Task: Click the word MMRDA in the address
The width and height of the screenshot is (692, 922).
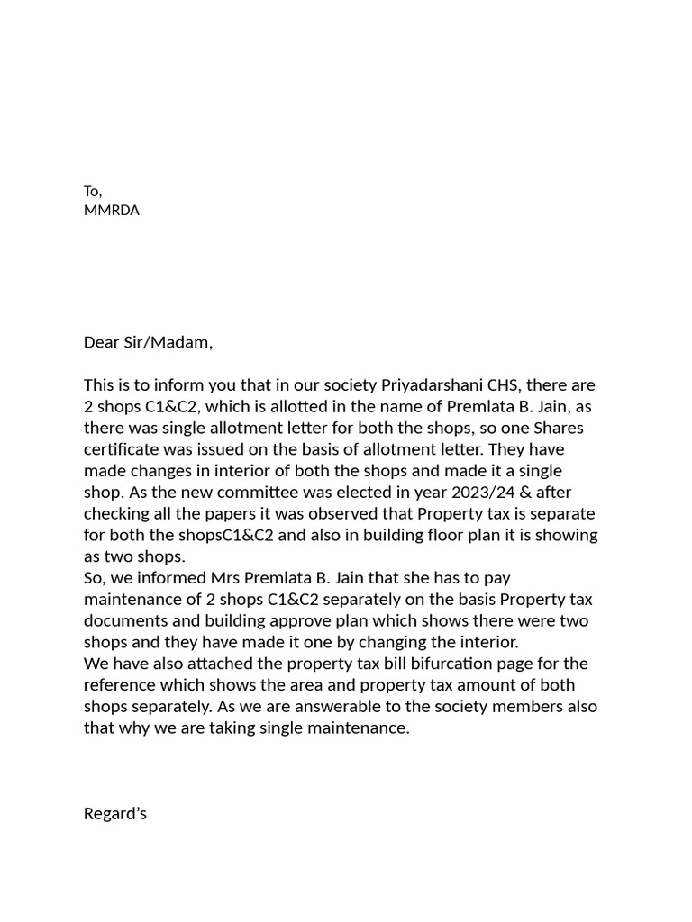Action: tap(111, 211)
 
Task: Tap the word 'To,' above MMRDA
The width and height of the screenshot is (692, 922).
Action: tap(93, 191)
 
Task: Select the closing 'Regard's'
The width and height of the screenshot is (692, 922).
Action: tap(114, 814)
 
